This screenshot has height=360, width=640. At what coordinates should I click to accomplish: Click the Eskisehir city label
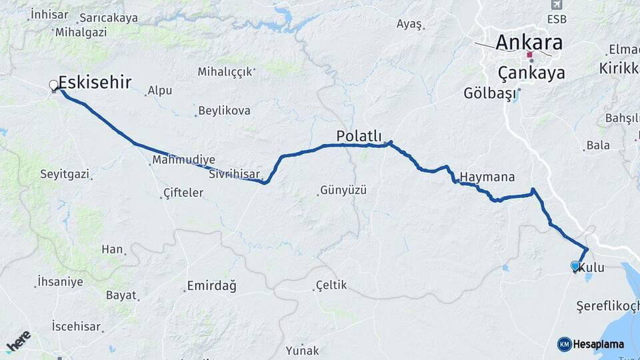point(95,82)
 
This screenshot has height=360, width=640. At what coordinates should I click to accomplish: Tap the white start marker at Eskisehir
point(53,85)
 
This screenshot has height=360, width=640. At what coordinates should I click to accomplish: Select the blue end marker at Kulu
point(575,266)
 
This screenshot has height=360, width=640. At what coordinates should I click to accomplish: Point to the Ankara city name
point(529,43)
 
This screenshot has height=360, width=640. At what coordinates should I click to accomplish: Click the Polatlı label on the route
point(359,136)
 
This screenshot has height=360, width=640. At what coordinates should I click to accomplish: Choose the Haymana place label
point(487,178)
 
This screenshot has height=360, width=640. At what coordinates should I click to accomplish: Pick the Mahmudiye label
point(184,160)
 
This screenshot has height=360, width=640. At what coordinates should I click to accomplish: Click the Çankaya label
point(531,73)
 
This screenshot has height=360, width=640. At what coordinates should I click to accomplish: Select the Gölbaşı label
point(491,93)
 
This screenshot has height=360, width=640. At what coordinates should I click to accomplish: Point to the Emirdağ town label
point(211,286)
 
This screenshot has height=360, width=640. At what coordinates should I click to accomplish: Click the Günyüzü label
point(344,190)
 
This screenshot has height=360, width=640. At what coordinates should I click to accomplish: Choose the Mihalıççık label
point(226,71)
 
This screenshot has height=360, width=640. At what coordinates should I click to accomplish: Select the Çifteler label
point(183,193)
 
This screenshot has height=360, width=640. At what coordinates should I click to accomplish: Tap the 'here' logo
point(19,341)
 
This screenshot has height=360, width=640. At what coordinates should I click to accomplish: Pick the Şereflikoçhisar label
point(607,306)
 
